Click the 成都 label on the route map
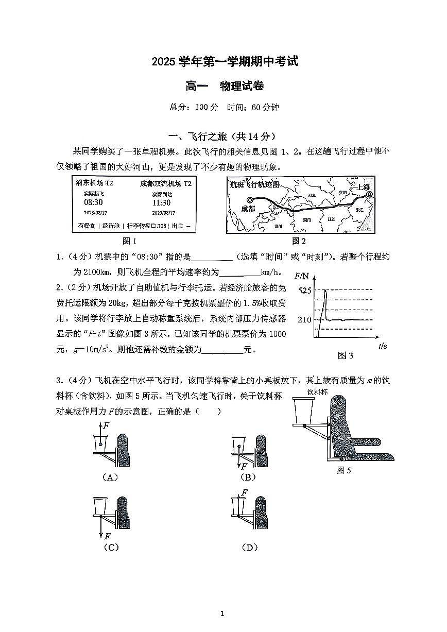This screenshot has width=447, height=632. pyautogui.click(x=248, y=209)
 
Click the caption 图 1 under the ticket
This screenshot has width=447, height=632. pyautogui.click(x=129, y=241)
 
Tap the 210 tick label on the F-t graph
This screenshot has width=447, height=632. pyautogui.click(x=304, y=320)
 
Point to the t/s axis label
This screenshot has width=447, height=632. pyautogui.click(x=382, y=346)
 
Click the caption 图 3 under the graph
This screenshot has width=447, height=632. pyautogui.click(x=345, y=355)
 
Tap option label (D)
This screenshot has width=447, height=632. pyautogui.click(x=249, y=548)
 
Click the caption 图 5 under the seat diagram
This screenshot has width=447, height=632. pyautogui.click(x=343, y=470)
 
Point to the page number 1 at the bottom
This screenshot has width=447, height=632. pyautogui.click(x=222, y=613)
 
